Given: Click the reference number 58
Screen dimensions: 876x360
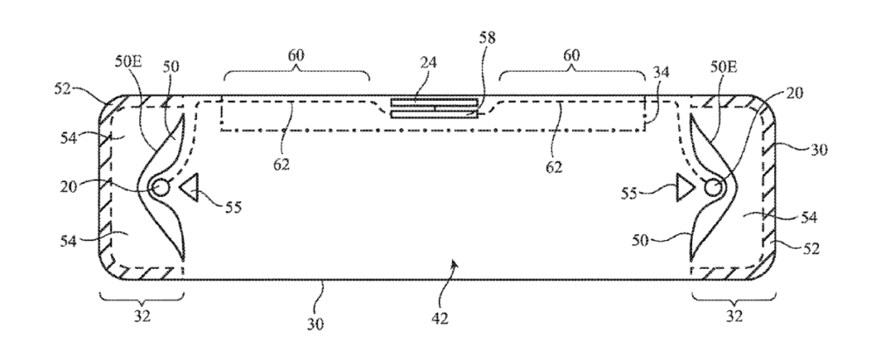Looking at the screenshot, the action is coord(487,38).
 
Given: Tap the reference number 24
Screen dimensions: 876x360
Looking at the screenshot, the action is coord(428,62).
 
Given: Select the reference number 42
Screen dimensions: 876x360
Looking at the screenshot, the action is coord(440,318).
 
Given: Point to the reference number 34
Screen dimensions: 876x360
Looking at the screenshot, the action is coord(661,73).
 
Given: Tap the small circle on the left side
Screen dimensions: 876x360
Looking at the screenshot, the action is coord(160,187).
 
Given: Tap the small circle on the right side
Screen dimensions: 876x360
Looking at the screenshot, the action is coord(712,187).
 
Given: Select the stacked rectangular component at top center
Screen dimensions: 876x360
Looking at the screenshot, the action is coord(434,109).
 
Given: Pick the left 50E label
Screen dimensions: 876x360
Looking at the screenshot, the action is coord(129,61).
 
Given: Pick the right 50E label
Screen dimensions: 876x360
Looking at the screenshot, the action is coord(724,67).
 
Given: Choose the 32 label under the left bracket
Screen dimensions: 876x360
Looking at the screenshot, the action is coord(142,316).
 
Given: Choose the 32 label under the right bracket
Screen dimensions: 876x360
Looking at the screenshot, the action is coord(734,316).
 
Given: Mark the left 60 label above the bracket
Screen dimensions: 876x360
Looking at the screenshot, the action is coord(297,55).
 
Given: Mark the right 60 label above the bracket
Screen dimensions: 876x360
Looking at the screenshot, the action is coord(571,55).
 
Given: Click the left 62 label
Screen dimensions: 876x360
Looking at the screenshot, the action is coord(281,165).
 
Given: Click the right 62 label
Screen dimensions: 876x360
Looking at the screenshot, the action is coord(554,167).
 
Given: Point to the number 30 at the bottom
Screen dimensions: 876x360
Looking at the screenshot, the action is coord(315,324).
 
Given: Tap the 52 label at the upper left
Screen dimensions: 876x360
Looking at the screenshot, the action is coord(62,89).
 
